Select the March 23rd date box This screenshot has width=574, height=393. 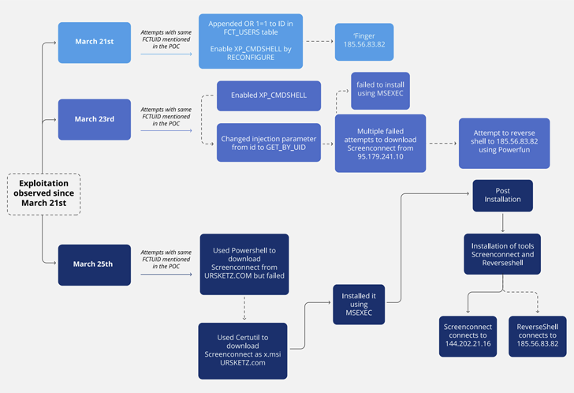[x=95, y=119]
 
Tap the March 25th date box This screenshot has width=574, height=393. [x=95, y=264]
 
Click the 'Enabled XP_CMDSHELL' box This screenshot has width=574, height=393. [x=268, y=95]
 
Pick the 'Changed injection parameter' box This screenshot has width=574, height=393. [x=268, y=142]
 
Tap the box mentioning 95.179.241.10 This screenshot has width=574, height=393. [x=380, y=143]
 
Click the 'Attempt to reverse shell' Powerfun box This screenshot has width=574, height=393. [x=504, y=143]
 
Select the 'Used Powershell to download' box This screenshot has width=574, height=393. [x=244, y=264]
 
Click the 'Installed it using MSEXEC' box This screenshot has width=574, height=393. [x=359, y=305]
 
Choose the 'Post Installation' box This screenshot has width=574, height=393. [x=502, y=196]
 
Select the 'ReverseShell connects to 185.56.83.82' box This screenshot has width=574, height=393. [x=537, y=336]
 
